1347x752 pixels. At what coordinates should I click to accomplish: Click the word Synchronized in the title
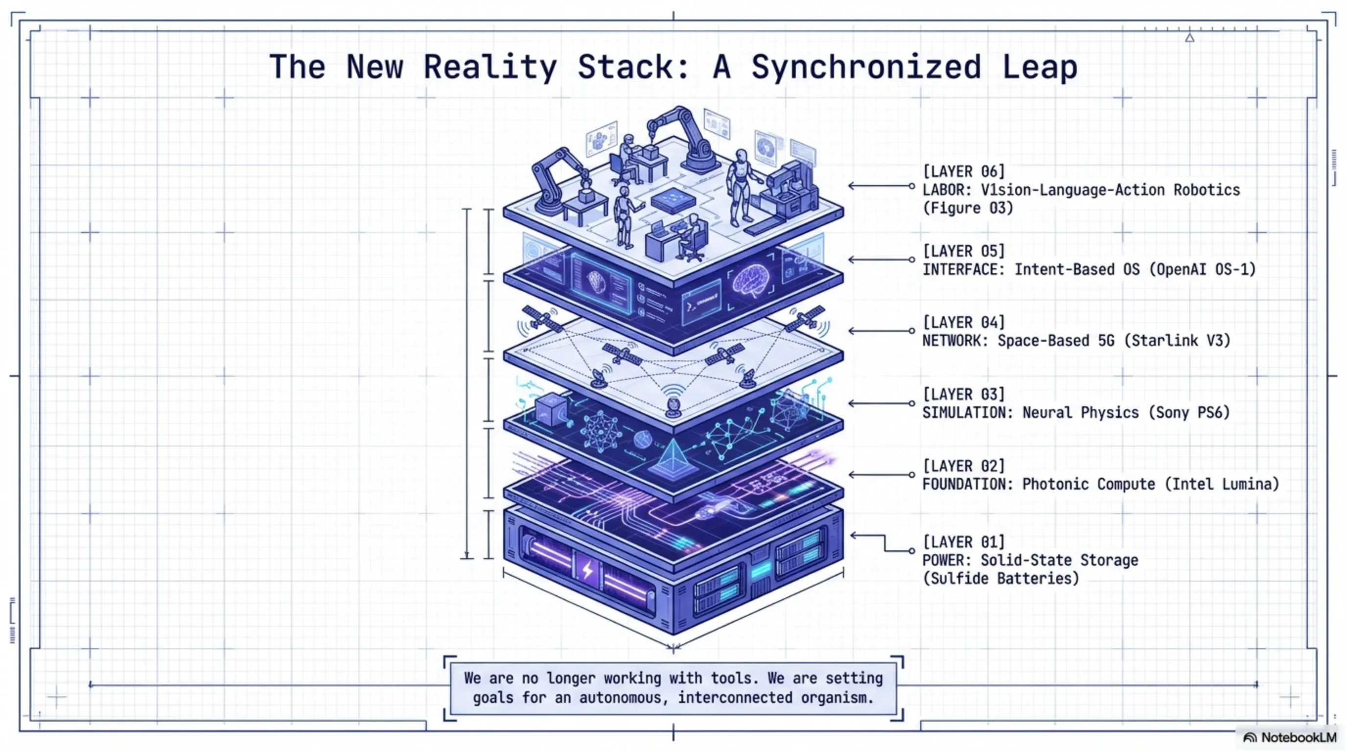[x=865, y=67]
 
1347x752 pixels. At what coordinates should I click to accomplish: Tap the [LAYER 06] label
[x=963, y=171]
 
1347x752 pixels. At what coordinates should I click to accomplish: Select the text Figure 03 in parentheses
[x=967, y=208]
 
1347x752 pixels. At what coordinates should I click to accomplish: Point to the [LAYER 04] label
[x=963, y=322]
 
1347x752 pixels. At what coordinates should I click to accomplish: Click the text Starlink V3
[x=1177, y=341]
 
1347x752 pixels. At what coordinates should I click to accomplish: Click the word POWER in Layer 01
[x=946, y=561]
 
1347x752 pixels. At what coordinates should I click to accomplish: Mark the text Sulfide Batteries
[x=1000, y=579]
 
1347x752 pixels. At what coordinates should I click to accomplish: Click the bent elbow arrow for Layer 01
[x=883, y=543]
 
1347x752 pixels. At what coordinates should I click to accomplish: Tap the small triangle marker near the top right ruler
[x=1189, y=38]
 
